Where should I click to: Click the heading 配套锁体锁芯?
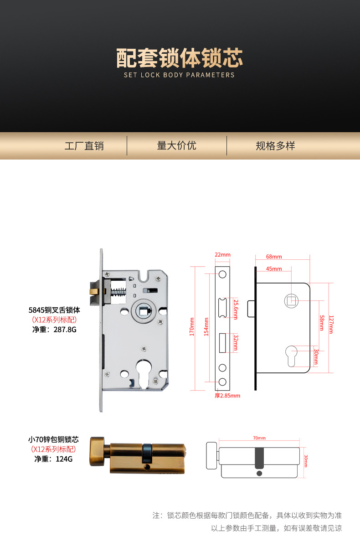(x=180, y=58)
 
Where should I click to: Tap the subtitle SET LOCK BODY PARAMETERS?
(x=179, y=75)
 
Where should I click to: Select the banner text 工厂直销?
(x=84, y=146)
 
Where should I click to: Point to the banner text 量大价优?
(x=176, y=145)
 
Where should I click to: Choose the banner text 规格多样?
(x=275, y=146)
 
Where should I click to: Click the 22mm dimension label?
(x=223, y=254)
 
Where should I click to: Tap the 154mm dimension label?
(x=206, y=327)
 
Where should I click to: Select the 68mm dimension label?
(x=274, y=257)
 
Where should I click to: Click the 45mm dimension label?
(x=274, y=269)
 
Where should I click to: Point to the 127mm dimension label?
(x=331, y=325)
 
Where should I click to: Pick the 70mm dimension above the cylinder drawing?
(x=259, y=438)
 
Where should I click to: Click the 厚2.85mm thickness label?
(x=227, y=396)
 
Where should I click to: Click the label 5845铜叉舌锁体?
(x=54, y=310)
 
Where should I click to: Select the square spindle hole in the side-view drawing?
(x=291, y=301)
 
